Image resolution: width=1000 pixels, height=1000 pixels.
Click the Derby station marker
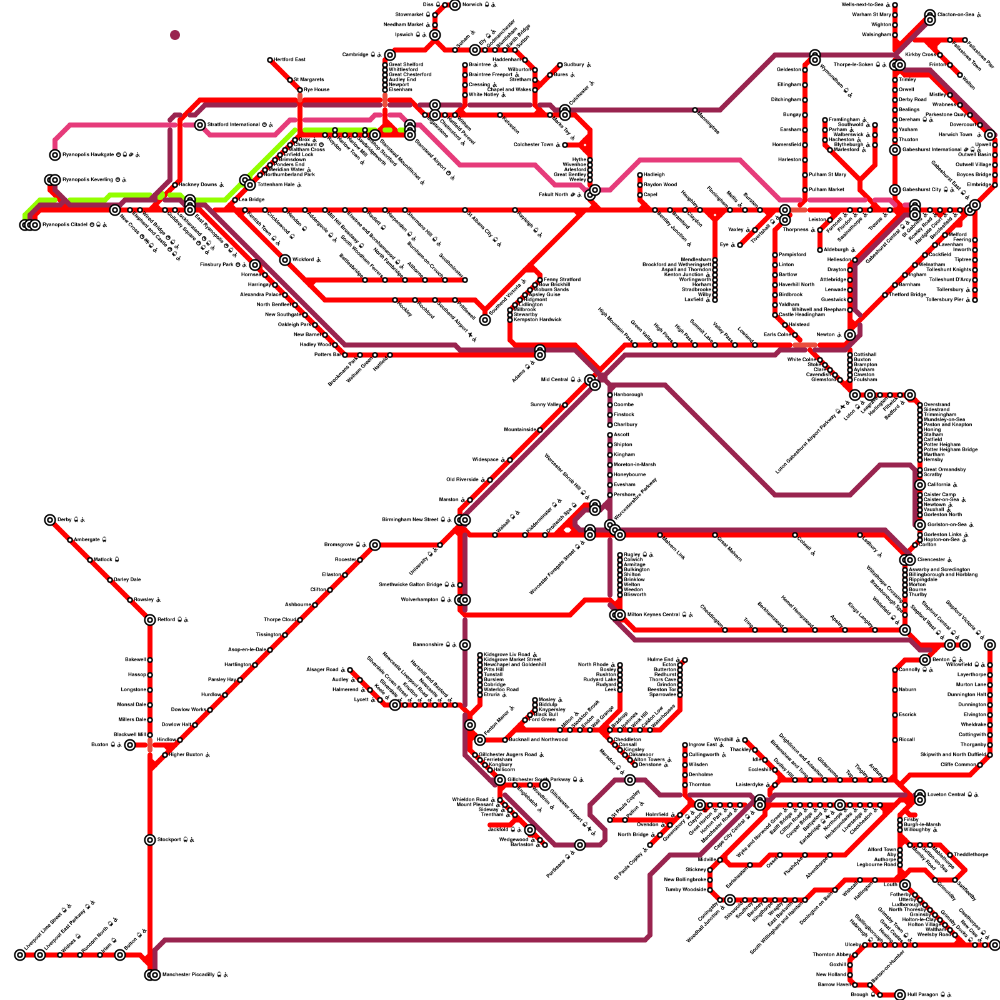click(50, 520)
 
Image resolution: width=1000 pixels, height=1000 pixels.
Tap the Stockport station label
click(172, 839)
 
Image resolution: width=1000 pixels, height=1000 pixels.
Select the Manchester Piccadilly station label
click(191, 974)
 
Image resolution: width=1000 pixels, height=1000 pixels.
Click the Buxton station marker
click(129, 744)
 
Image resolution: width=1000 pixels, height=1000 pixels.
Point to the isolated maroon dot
click(175, 35)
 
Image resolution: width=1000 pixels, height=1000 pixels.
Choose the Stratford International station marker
click(200, 125)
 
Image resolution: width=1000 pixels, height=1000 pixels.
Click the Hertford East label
click(289, 59)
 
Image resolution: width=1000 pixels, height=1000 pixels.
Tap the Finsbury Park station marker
click(255, 265)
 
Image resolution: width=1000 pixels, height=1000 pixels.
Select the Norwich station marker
click(455, 5)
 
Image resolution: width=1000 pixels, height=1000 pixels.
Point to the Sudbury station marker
click(559, 65)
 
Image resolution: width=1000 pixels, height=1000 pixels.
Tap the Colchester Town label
click(533, 144)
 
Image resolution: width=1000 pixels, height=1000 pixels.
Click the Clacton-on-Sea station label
click(955, 14)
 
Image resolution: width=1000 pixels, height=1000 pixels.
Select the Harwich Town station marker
click(989, 135)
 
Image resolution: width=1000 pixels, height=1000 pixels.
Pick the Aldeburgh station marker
click(819, 250)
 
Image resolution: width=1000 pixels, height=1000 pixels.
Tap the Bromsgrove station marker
click(374, 545)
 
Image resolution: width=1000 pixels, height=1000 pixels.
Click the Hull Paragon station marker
click(900, 994)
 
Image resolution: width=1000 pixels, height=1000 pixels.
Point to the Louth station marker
click(904, 884)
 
